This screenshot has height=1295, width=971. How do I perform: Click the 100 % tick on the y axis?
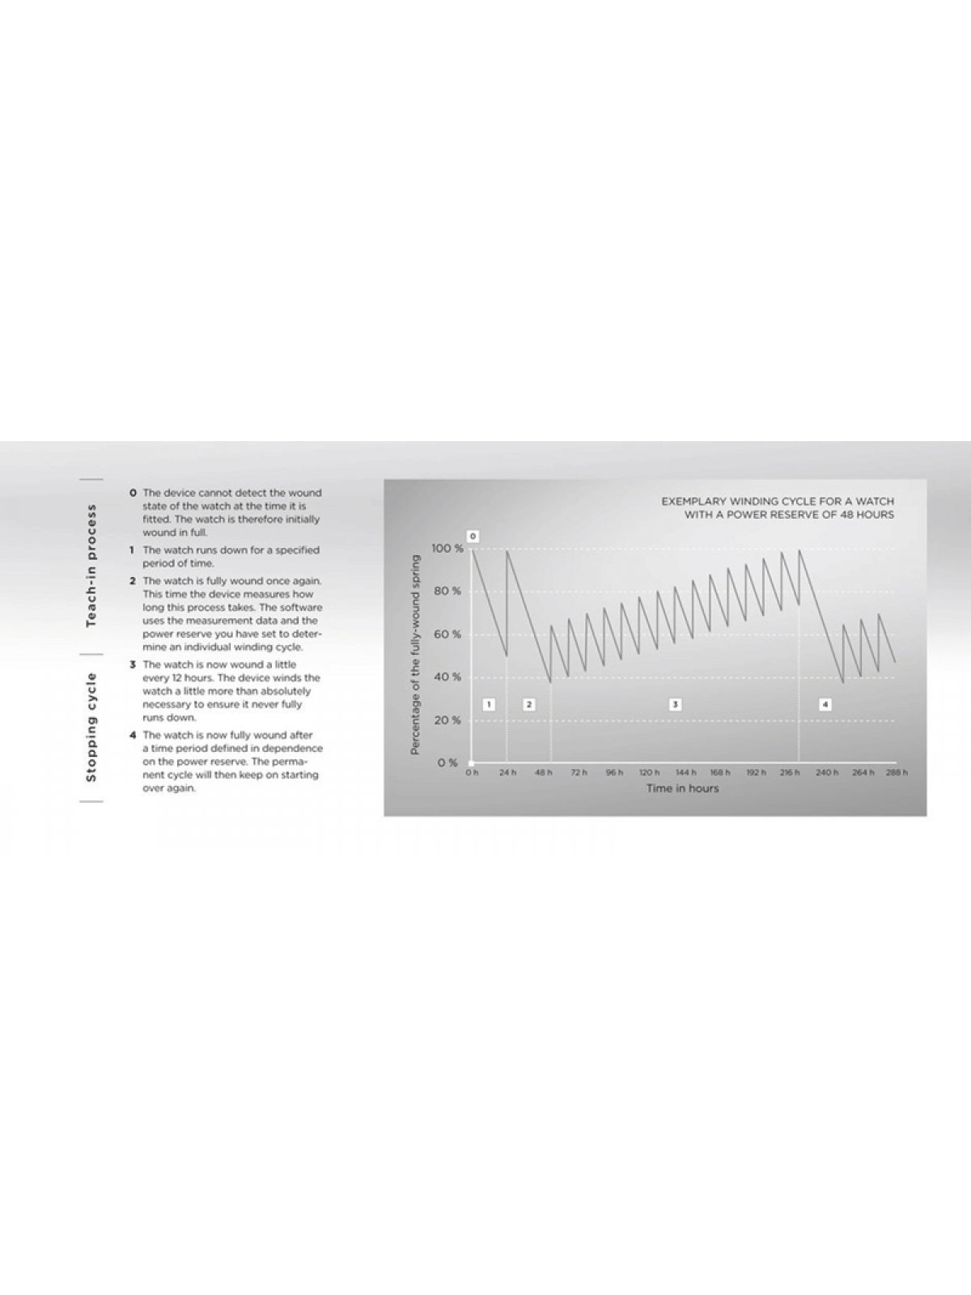pyautogui.click(x=447, y=549)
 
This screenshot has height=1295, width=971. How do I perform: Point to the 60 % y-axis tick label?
pyautogui.click(x=447, y=635)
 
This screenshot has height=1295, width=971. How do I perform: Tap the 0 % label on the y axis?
pyautogui.click(x=447, y=762)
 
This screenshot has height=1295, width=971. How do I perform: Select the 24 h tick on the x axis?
pyautogui.click(x=507, y=773)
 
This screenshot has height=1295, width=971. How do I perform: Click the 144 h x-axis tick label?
pyautogui.click(x=685, y=773)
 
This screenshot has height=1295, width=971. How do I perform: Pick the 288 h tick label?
pyautogui.click(x=896, y=773)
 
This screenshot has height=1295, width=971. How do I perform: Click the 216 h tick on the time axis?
pyautogui.click(x=790, y=773)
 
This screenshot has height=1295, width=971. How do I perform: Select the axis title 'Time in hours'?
pyautogui.click(x=682, y=788)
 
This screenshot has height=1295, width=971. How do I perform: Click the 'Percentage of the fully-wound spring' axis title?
pyautogui.click(x=416, y=655)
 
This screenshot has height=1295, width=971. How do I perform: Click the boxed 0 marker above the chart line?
pyautogui.click(x=473, y=536)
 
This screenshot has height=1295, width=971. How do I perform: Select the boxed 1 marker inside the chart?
pyautogui.click(x=489, y=704)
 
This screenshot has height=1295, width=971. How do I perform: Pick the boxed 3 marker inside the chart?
pyautogui.click(x=675, y=704)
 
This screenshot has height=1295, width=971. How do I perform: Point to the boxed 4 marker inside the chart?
pyautogui.click(x=825, y=704)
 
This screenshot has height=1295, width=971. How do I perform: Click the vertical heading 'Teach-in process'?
pyautogui.click(x=91, y=565)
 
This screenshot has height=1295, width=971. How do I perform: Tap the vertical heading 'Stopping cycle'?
pyautogui.click(x=91, y=727)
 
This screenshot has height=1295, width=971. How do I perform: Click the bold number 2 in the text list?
pyautogui.click(x=134, y=581)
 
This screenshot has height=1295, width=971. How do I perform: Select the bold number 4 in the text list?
pyautogui.click(x=134, y=736)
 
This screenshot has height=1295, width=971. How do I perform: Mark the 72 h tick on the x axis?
pyautogui.click(x=579, y=773)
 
